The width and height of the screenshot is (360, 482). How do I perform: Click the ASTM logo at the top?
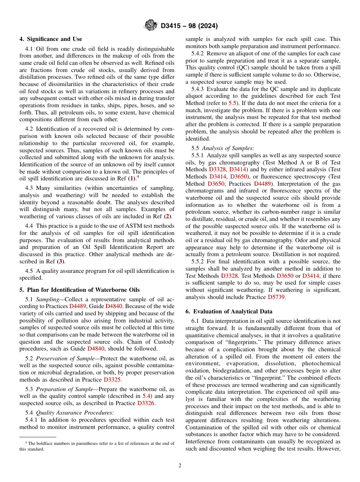coord(151,26)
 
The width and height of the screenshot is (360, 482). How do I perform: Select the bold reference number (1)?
coord(131,178)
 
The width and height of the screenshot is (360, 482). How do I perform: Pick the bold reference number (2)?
coord(167,216)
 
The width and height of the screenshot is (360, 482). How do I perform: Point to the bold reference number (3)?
coord(59,261)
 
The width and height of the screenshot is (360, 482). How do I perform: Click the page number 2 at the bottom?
coord(180,466)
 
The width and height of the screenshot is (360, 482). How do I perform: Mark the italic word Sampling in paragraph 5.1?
coord(47,299)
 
